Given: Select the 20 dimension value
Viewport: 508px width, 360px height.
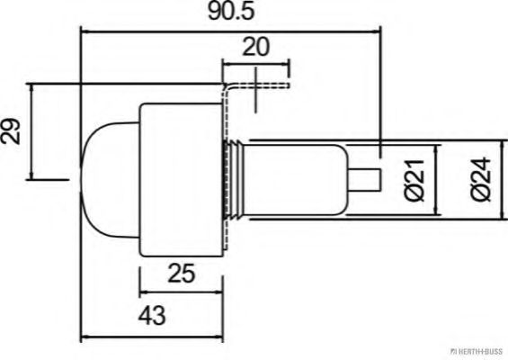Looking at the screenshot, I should (x=254, y=48).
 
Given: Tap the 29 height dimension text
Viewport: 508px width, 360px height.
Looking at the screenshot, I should (x=13, y=133).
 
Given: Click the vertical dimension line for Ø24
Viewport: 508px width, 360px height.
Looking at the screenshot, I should (x=499, y=180).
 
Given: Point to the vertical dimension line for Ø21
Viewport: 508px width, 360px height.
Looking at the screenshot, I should (x=436, y=180).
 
